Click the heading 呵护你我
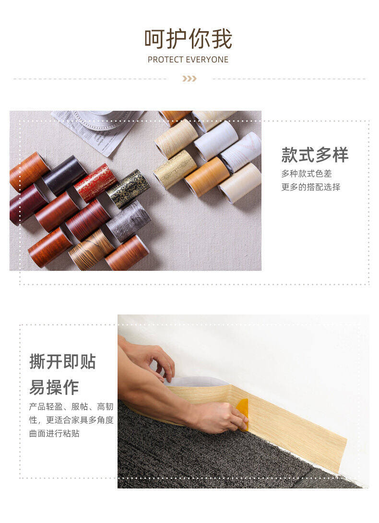(188, 39)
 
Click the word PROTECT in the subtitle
(166, 60)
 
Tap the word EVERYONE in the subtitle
(207, 60)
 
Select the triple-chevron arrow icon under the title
(189, 79)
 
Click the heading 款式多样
(315, 155)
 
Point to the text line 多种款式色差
(307, 174)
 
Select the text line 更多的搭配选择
(311, 187)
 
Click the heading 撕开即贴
(62, 361)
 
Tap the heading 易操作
(54, 387)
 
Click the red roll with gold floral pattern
(95, 183)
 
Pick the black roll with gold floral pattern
(128, 188)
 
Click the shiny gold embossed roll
(175, 169)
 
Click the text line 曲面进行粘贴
(54, 433)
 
